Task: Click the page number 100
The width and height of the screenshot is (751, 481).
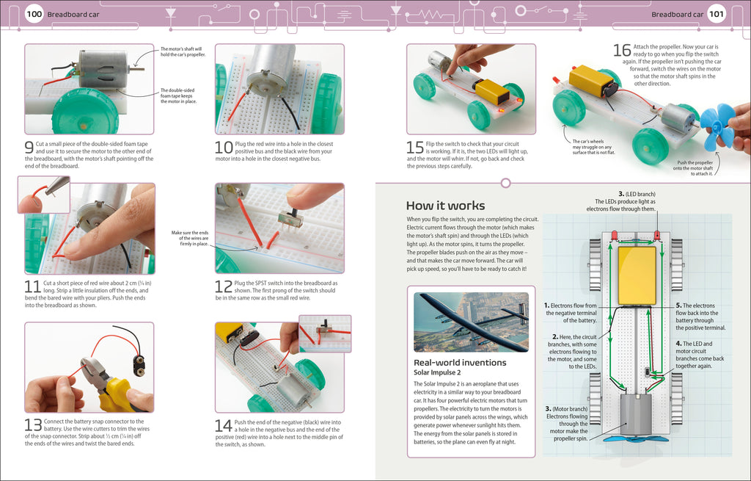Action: pyautogui.click(x=34, y=14)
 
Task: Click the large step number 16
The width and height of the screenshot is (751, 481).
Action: pyautogui.click(x=621, y=50)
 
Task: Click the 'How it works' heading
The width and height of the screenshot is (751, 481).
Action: pyautogui.click(x=445, y=205)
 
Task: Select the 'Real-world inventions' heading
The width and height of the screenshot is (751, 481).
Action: pyautogui.click(x=460, y=362)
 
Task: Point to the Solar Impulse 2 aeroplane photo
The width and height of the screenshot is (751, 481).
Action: pyautogui.click(x=471, y=322)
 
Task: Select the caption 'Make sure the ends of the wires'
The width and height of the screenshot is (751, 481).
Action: pyautogui.click(x=190, y=238)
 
